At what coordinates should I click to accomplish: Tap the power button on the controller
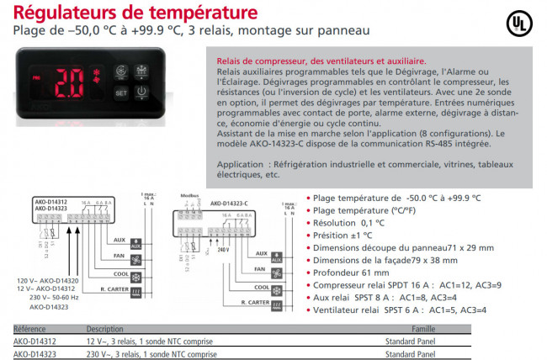tap(142, 91)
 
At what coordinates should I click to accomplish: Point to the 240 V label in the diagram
tap(223, 250)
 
